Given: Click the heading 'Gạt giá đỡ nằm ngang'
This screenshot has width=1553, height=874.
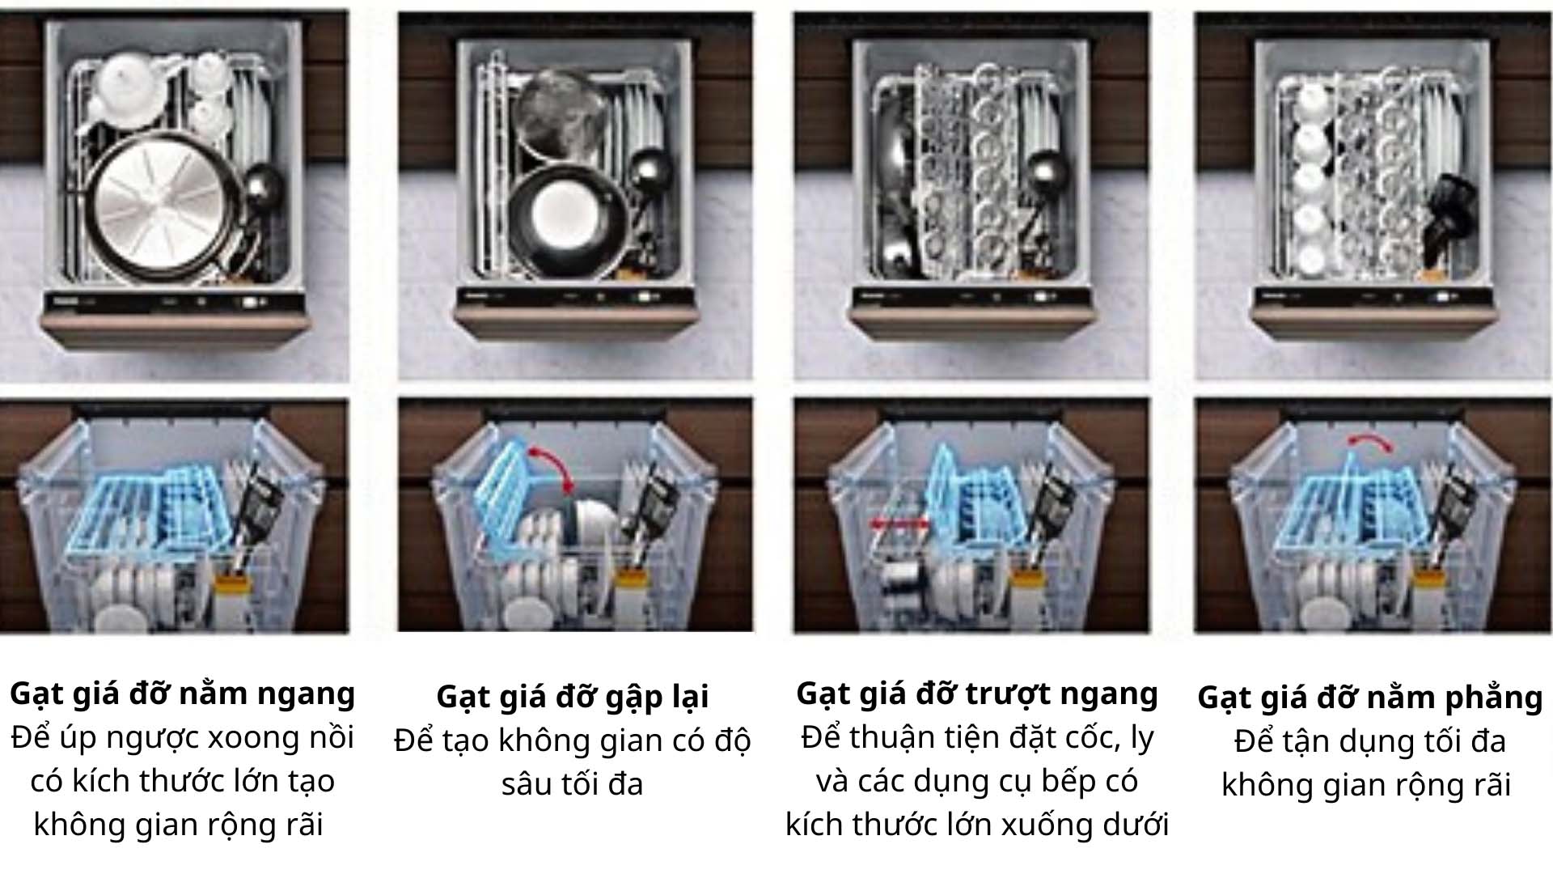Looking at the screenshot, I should [183, 694].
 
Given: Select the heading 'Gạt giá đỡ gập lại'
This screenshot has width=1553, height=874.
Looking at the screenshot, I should [572, 697].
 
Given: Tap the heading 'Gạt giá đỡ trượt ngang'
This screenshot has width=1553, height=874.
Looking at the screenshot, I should [977, 694].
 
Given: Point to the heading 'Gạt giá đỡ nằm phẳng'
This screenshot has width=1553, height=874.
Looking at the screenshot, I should [1369, 698].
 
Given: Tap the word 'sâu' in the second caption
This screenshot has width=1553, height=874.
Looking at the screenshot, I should [527, 784].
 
